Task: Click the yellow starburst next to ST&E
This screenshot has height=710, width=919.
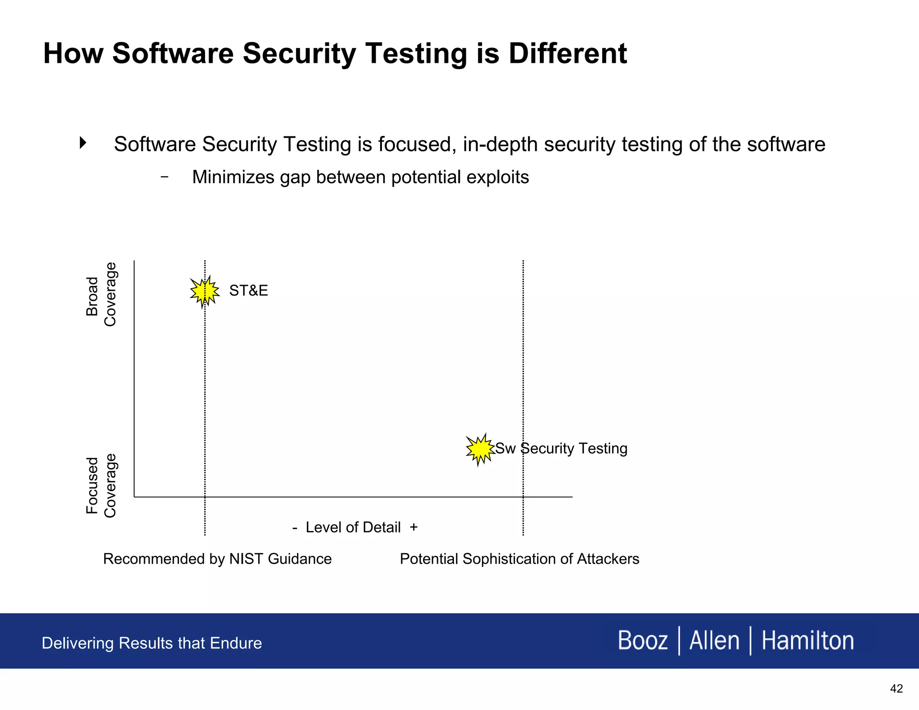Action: click(x=205, y=291)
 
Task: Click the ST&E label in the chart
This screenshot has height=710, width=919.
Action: click(x=249, y=290)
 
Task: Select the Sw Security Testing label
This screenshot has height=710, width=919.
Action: click(x=561, y=448)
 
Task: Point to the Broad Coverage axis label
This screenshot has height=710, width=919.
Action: click(x=101, y=295)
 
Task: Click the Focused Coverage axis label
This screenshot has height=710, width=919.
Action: click(x=101, y=486)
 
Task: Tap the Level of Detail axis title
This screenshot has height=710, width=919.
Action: click(x=353, y=527)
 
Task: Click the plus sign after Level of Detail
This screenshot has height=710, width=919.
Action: click(x=414, y=527)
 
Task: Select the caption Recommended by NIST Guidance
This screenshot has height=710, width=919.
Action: click(x=217, y=559)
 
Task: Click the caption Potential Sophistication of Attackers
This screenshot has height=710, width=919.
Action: click(x=519, y=559)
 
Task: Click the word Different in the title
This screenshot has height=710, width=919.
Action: click(x=568, y=53)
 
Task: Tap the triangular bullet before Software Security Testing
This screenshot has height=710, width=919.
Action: click(x=83, y=143)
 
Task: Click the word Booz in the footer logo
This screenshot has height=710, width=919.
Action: click(x=643, y=640)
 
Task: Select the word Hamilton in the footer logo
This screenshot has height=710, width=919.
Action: click(x=808, y=640)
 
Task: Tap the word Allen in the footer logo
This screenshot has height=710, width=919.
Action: click(x=714, y=640)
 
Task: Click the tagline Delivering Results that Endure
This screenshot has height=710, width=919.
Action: click(x=152, y=643)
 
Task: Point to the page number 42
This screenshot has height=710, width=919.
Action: click(x=896, y=689)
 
